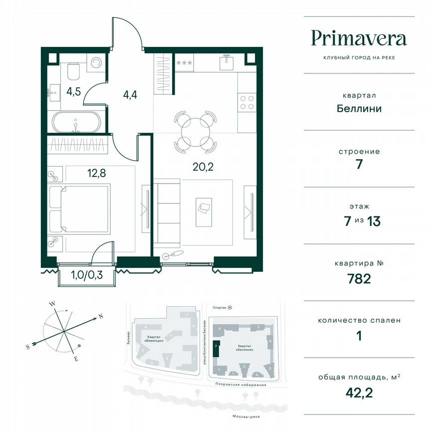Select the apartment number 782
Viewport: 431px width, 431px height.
tap(359, 279)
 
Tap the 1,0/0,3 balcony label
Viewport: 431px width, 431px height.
tap(87, 275)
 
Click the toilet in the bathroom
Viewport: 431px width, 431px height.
tap(73, 72)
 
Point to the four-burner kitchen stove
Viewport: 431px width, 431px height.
tap(246, 102)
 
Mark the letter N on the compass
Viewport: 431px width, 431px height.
tap(100, 316)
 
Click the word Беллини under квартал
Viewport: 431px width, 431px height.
tap(359, 108)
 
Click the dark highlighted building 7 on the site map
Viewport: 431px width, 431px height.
tap(215, 347)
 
